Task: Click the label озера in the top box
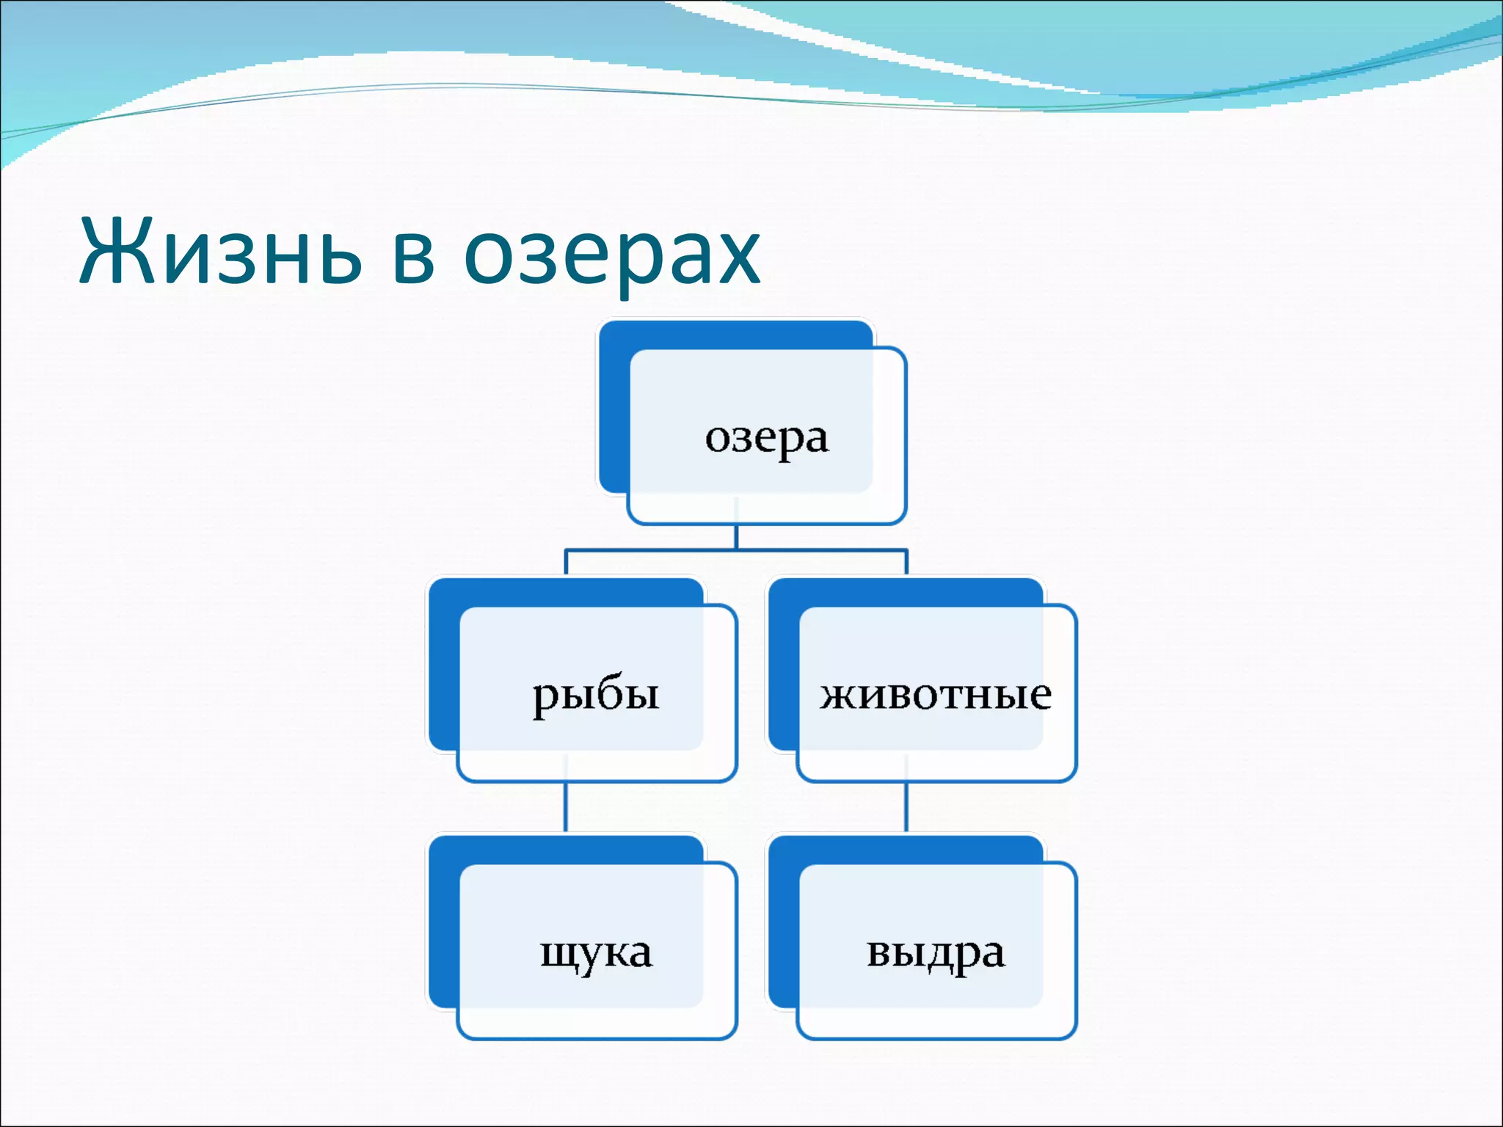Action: [x=767, y=439]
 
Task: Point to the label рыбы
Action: [x=596, y=694]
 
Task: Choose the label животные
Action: [x=936, y=694]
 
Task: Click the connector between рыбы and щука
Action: [x=566, y=807]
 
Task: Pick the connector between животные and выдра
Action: [x=906, y=807]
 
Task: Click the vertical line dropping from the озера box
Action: [x=736, y=536]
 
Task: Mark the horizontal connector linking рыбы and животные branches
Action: [x=736, y=550]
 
